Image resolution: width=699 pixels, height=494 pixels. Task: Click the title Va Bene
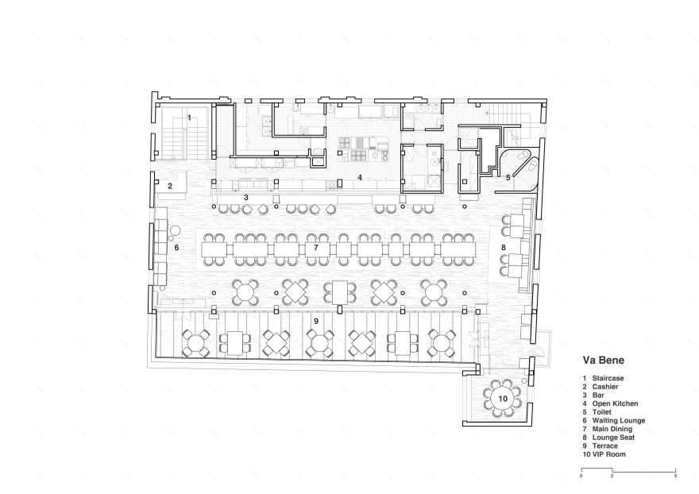(604, 361)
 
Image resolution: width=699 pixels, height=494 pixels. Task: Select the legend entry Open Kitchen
(615, 403)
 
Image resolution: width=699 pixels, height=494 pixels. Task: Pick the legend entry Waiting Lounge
(618, 420)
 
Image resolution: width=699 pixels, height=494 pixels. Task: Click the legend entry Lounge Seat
(613, 438)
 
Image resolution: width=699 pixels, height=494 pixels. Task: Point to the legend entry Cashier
(605, 387)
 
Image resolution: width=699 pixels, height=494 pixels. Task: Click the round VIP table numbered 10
(502, 399)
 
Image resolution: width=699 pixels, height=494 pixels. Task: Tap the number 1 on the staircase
(189, 118)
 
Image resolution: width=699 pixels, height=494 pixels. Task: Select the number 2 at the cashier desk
(170, 187)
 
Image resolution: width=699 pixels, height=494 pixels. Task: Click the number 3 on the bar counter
(245, 197)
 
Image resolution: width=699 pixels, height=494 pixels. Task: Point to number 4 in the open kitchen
(360, 177)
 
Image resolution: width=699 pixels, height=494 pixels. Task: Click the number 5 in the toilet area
(508, 177)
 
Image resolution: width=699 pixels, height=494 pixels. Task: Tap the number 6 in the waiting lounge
(176, 247)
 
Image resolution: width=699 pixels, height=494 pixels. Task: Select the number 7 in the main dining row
(316, 248)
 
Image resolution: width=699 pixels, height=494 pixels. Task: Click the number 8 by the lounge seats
(504, 247)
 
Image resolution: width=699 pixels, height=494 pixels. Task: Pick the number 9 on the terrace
(316, 321)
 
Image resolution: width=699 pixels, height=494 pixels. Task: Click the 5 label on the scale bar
(675, 477)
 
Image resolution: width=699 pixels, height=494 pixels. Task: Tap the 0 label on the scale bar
(581, 477)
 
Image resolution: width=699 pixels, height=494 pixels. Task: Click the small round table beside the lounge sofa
(174, 230)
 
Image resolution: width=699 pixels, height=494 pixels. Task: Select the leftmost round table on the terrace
(195, 343)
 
